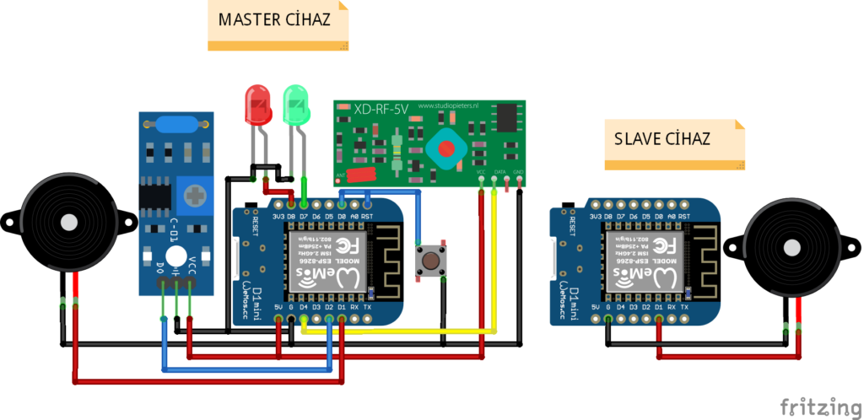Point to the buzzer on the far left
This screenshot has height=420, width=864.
coord(66,223)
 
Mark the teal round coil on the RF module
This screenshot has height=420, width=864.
coord(445,148)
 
